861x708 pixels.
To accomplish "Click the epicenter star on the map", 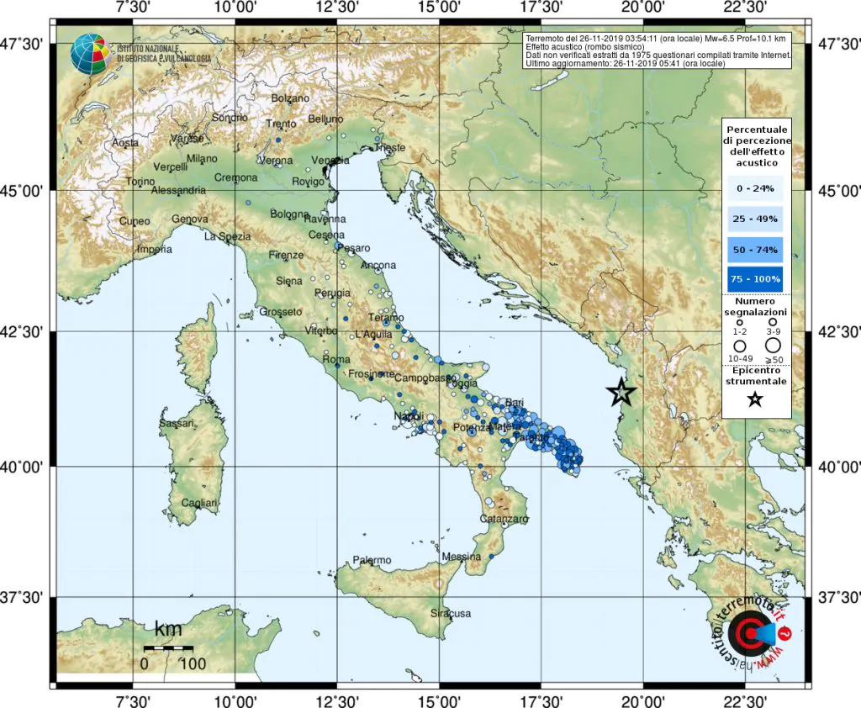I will coord(621,391).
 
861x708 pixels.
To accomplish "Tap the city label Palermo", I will coord(372,560).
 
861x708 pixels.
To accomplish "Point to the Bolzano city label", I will coord(291,98).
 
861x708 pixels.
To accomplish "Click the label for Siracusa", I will coord(451,613).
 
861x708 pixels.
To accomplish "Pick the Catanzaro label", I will coord(504,520).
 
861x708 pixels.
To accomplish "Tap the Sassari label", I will coord(178,422).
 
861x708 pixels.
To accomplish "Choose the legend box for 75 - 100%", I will coord(757,277).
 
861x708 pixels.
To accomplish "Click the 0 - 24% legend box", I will coord(757,188).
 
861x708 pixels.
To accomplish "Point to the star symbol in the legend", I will coord(755,399).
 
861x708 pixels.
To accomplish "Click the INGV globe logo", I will coord(88,53).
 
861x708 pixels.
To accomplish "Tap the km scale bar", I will coord(168,648).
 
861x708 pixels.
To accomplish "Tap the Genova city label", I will coord(188,219).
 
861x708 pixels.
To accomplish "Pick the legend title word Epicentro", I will coord(755,370).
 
